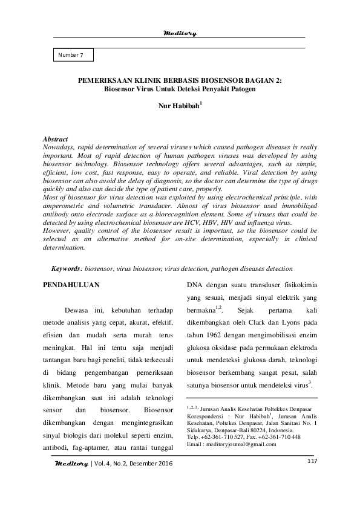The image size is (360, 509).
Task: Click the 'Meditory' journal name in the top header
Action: pyautogui.click(x=180, y=33)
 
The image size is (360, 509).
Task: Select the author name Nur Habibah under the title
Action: pyautogui.click(x=178, y=111)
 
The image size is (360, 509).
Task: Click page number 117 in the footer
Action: pyautogui.click(x=312, y=462)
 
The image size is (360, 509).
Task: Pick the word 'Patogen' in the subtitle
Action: pyautogui.click(x=243, y=88)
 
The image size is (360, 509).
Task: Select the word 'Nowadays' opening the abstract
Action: pyautogui.click(x=62, y=147)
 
